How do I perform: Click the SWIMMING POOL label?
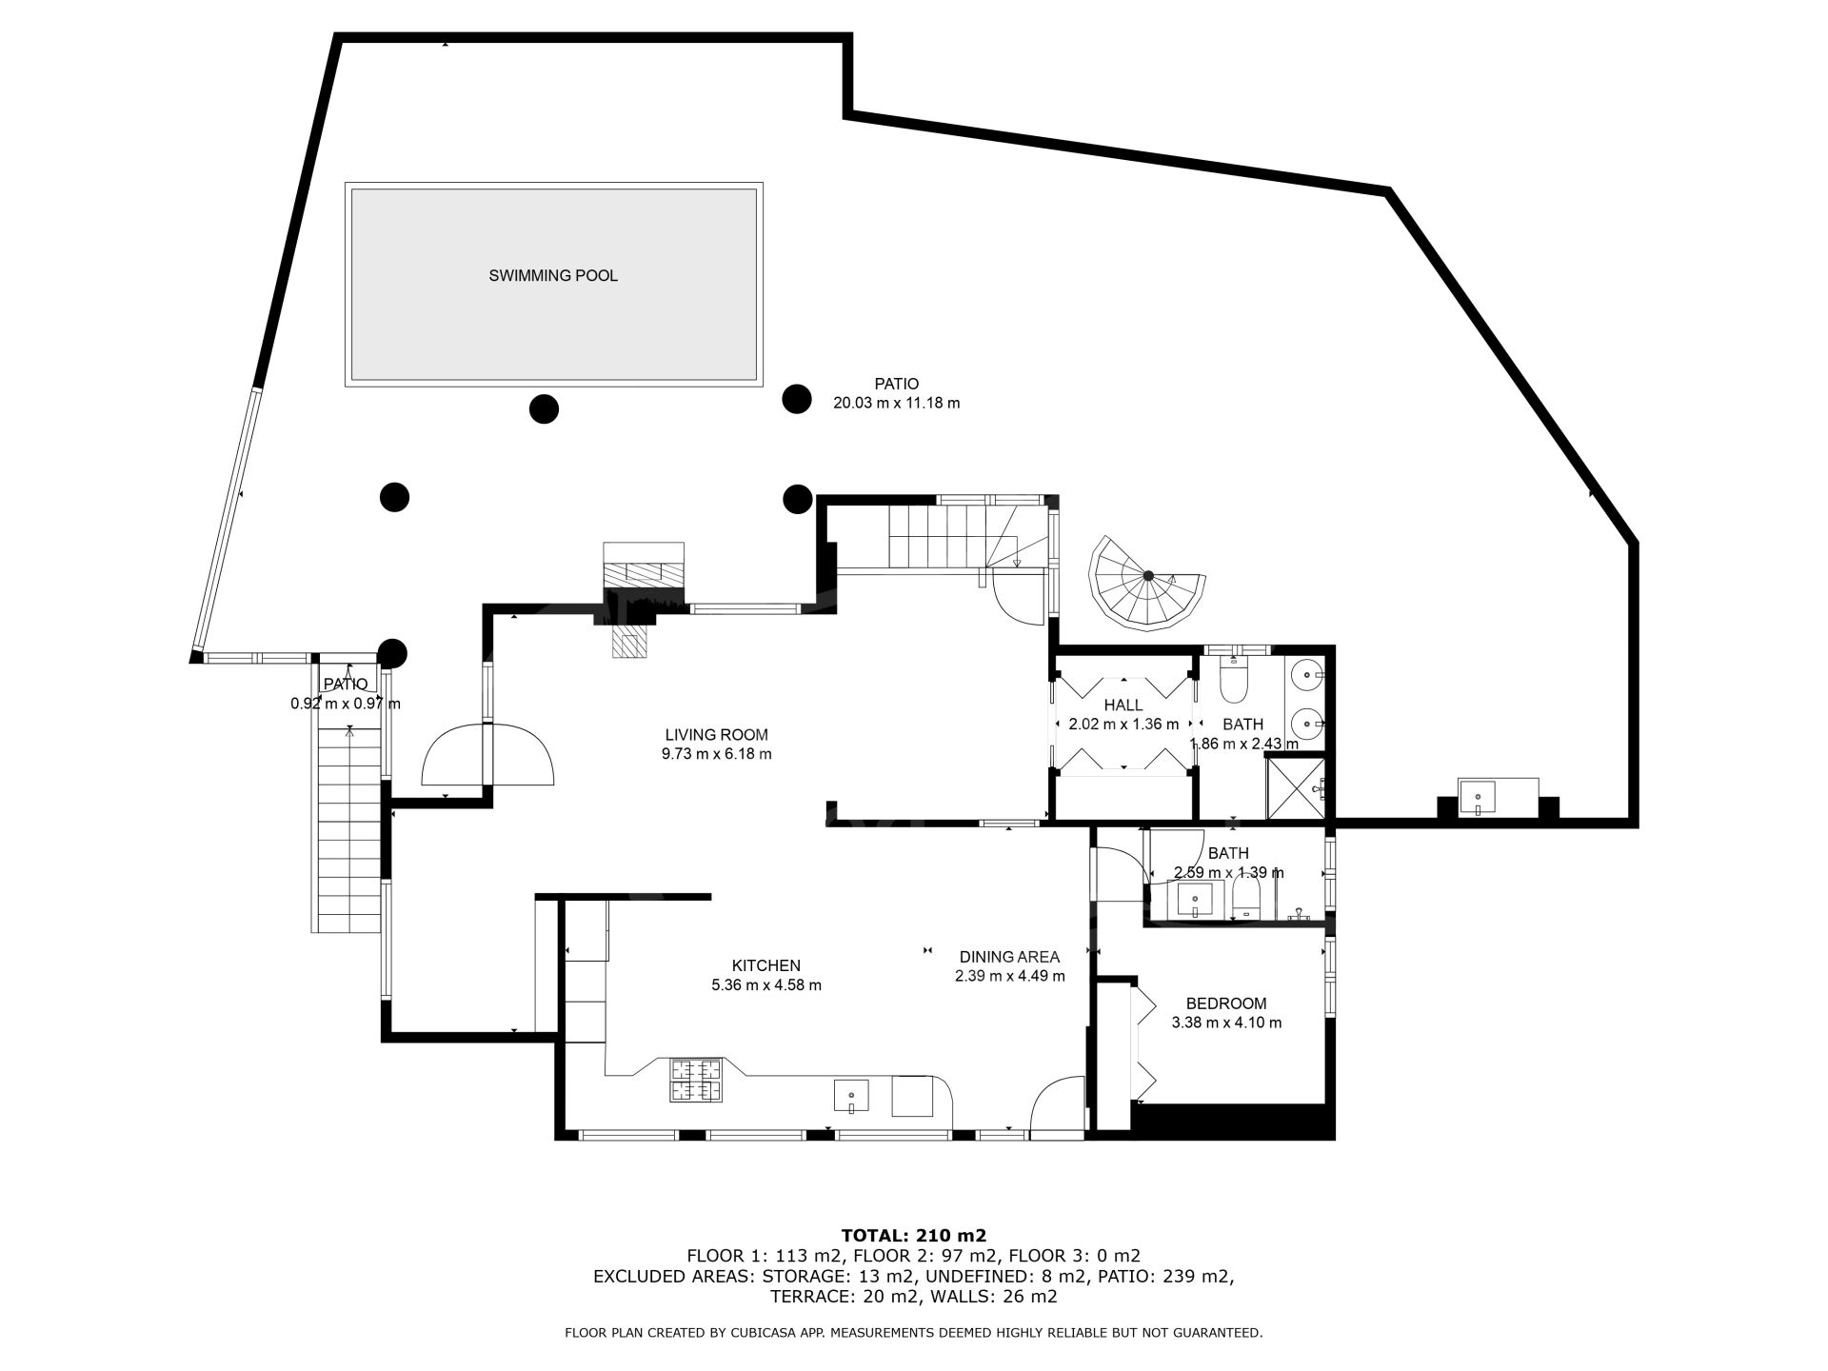[553, 276]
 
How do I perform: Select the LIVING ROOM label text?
[716, 735]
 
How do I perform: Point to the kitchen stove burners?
[696, 1081]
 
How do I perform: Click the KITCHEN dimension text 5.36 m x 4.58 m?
[766, 985]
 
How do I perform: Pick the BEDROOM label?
[1226, 1003]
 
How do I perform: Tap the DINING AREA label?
[1009, 957]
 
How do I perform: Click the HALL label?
[1123, 705]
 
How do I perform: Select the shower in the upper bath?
[1295, 786]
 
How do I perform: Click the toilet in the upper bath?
[1234, 677]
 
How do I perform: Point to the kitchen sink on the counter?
[852, 1096]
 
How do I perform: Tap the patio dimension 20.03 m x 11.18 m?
[897, 403]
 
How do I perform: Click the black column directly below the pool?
[544, 409]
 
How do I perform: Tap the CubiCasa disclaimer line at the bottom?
[914, 1333]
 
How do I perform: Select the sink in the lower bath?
[1195, 899]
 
